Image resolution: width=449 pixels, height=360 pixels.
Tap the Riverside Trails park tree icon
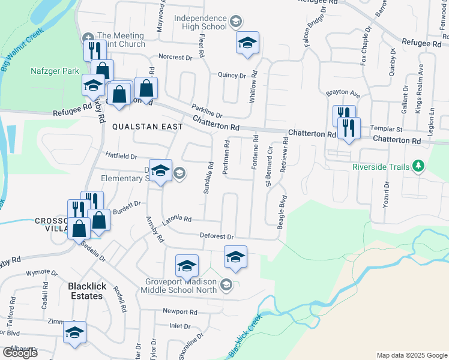point(418,166)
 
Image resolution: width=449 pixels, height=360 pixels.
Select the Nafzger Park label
point(55,71)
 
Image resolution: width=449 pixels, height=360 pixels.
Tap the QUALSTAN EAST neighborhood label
point(148,127)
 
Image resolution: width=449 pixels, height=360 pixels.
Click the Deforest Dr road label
point(216,237)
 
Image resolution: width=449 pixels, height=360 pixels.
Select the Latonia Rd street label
point(176,220)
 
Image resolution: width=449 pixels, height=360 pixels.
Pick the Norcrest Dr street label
point(175,58)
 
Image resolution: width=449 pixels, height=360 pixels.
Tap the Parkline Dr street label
point(207,111)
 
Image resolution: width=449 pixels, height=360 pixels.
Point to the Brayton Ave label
point(343,94)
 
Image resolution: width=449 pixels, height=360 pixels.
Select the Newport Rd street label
point(180,312)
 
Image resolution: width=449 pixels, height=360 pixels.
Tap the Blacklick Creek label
point(244,335)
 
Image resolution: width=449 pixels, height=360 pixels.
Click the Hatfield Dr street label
point(121,156)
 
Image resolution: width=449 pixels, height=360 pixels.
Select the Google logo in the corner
point(20,352)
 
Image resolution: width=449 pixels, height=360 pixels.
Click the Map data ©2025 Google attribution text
point(412,355)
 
